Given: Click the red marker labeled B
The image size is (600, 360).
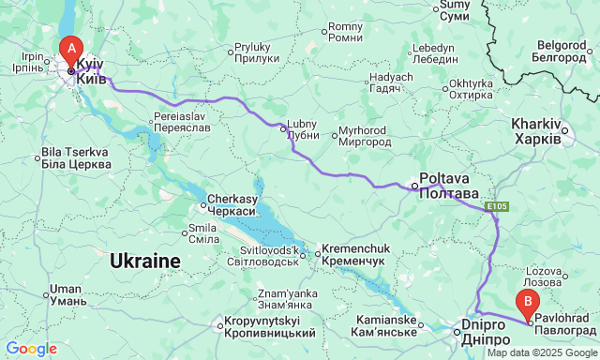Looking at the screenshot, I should [x=529, y=304].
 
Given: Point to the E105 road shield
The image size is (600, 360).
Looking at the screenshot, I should [x=497, y=205].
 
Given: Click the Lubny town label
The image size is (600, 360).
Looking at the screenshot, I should [x=304, y=129].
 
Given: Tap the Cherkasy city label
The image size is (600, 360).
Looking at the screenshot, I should [x=232, y=205].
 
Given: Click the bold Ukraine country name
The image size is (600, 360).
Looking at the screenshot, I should [x=145, y=261].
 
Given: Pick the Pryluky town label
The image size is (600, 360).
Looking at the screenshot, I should [x=252, y=52].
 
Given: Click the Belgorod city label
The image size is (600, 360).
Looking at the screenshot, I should [x=566, y=51].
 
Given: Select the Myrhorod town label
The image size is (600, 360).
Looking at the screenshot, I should [x=364, y=135].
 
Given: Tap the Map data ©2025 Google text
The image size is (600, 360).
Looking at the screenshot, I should [x=540, y=352].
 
